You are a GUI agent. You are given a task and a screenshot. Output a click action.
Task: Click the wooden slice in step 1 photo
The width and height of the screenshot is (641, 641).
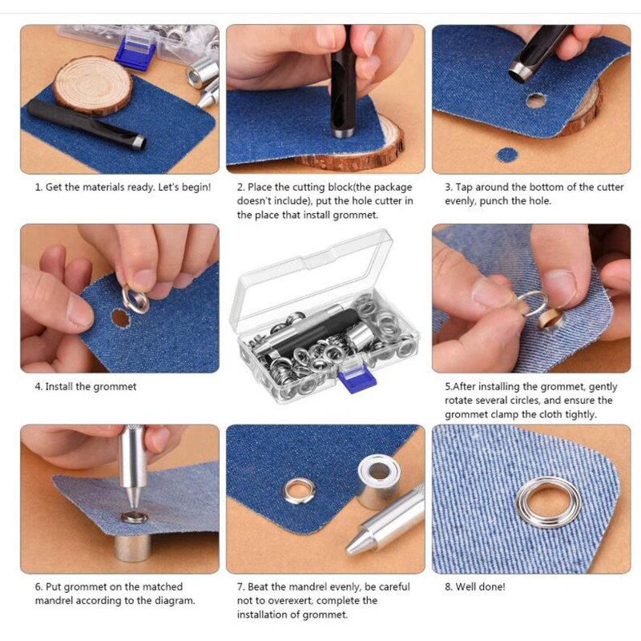92,85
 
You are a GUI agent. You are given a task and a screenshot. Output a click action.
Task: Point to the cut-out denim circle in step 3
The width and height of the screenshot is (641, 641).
506,154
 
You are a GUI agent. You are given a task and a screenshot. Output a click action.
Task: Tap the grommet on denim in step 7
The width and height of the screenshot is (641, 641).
299,490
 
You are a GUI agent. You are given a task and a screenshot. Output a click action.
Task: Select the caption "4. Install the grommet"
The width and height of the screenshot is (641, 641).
86,386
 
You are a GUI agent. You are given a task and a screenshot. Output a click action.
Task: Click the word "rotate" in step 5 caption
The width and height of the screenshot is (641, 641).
460,400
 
